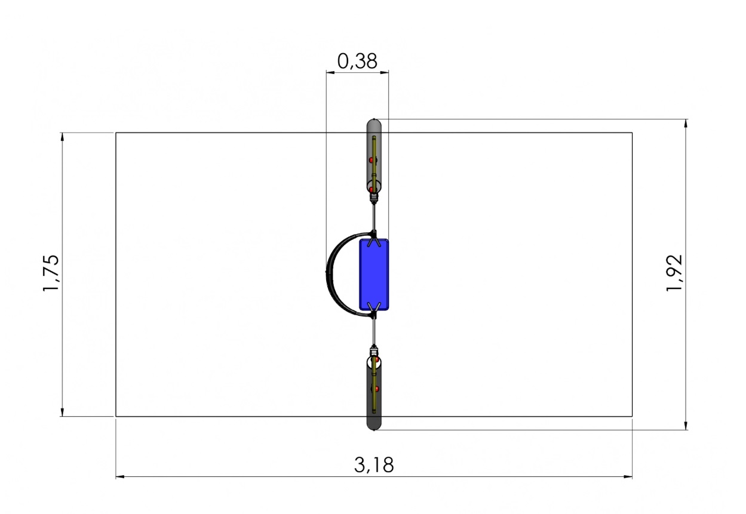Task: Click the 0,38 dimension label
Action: pos(357,61)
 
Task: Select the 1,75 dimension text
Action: pos(51,273)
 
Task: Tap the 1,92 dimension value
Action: pos(674,273)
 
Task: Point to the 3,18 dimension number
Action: pos(374,465)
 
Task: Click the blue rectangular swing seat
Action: pos(374,275)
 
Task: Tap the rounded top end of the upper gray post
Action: pos(374,123)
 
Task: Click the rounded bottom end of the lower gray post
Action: pos(374,426)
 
